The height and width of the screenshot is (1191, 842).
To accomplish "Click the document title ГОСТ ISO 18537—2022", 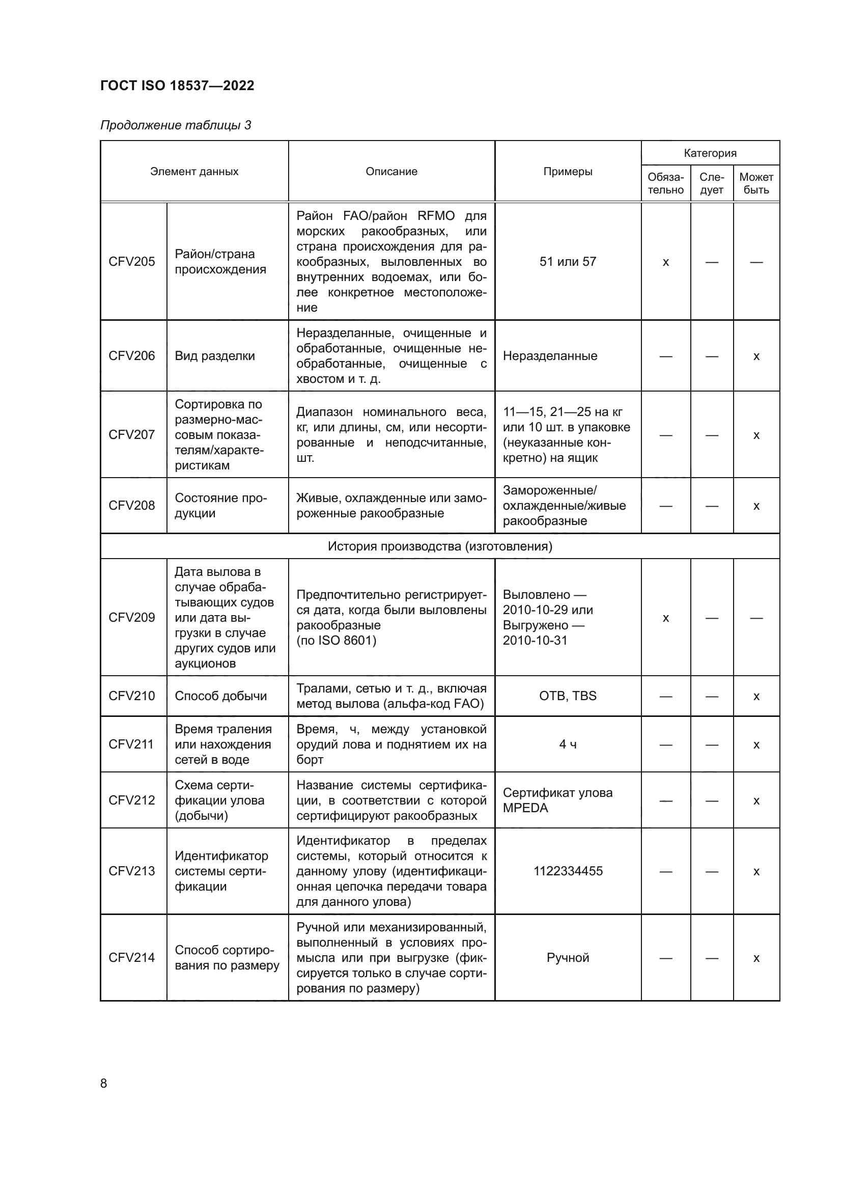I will (x=177, y=86).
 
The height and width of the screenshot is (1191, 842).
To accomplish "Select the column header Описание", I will (x=391, y=172).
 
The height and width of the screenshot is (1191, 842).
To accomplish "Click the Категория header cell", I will (x=710, y=153).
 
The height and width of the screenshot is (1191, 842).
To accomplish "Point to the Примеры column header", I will (x=568, y=172).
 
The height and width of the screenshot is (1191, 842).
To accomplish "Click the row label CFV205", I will (x=132, y=261).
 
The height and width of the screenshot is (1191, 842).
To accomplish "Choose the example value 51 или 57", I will (x=568, y=261).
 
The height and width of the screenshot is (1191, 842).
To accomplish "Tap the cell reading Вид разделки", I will (x=215, y=356).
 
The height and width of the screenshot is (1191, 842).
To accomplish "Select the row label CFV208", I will (x=132, y=505).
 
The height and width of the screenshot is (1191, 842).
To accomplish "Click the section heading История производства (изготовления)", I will (x=440, y=546).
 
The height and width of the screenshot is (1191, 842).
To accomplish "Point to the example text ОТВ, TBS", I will (x=568, y=696).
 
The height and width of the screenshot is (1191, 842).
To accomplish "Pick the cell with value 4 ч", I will (x=568, y=744).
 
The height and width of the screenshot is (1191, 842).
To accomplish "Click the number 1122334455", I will (x=568, y=871).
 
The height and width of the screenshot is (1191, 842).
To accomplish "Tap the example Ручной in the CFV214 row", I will (x=568, y=958).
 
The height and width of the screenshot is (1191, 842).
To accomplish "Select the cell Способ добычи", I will (x=221, y=696).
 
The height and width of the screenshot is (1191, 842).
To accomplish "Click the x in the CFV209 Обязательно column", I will (x=666, y=618).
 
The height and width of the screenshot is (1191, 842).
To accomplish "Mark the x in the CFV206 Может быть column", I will (x=756, y=356).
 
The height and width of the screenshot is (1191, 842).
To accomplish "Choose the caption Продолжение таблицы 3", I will (x=176, y=125).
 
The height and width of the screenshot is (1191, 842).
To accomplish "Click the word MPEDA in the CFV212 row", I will (x=525, y=808).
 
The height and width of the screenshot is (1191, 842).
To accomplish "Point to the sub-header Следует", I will (x=711, y=184).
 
